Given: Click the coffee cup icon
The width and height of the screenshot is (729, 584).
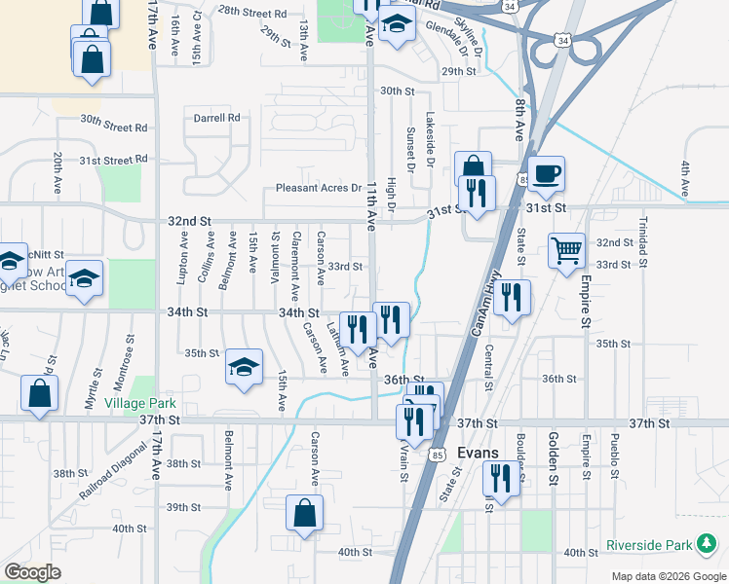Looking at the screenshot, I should coord(546,173).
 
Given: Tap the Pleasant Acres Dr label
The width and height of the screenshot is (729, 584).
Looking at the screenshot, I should coord(318,188).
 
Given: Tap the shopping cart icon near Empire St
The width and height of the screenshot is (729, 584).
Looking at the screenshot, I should coord(566,251).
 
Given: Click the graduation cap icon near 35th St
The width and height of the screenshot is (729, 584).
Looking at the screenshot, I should coord(244,366).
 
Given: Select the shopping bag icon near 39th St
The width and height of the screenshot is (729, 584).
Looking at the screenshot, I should coord(304,512).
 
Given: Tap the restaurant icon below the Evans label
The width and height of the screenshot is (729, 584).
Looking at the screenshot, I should coord(501,479).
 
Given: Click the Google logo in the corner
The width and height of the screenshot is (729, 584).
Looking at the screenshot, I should coord(33,572).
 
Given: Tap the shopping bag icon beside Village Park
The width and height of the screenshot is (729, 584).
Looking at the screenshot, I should coord(39,393).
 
